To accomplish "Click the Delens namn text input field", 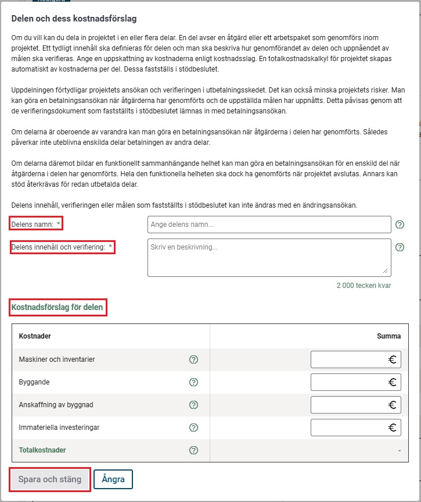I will pyautogui.click(x=269, y=225).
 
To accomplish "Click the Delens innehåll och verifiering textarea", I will pyautogui.click(x=269, y=257).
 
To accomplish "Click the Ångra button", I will pyautogui.click(x=113, y=479).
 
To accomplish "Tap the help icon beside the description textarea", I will pyautogui.click(x=400, y=247).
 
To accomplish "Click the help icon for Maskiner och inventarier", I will pyautogui.click(x=194, y=359).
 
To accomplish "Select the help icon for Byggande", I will pyautogui.click(x=194, y=382).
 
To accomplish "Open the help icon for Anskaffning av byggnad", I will pyautogui.click(x=194, y=405).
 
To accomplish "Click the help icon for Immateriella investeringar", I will pyautogui.click(x=194, y=428).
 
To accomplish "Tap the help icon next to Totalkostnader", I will pyautogui.click(x=194, y=450).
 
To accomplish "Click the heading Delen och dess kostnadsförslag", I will pyautogui.click(x=74, y=19).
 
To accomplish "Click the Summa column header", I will pyautogui.click(x=389, y=336).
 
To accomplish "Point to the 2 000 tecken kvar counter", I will pyautogui.click(x=364, y=286).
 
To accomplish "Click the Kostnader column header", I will pyautogui.click(x=35, y=336).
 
